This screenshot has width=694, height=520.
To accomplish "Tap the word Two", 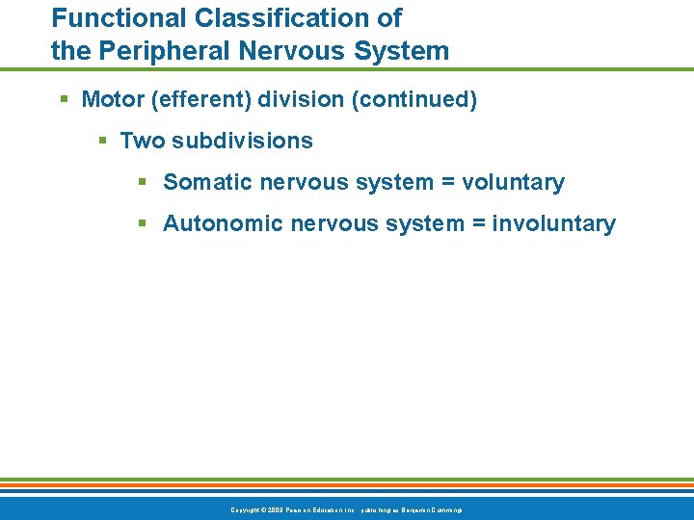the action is click(142, 141).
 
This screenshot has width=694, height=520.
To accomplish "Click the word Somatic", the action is click(203, 182).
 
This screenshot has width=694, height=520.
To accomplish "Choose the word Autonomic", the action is click(217, 223).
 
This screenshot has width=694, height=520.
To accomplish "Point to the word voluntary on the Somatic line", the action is click(514, 182).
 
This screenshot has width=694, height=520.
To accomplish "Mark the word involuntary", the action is click(553, 223).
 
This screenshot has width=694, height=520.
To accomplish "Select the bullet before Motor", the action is click(64, 100).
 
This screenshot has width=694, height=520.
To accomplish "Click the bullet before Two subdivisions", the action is click(102, 142).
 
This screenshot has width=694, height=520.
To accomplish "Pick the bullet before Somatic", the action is click(142, 183).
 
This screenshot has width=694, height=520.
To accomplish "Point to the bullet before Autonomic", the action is click(142, 224).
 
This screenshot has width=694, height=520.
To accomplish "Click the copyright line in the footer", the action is click(346, 508).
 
